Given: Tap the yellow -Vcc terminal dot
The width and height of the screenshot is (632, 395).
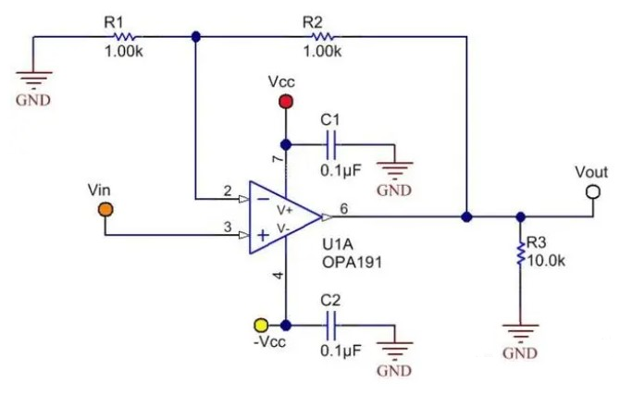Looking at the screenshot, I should coord(261,326).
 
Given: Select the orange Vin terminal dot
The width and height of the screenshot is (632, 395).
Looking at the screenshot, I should coord(105,209).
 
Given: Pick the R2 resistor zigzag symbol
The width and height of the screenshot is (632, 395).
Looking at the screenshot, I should coord(322,36).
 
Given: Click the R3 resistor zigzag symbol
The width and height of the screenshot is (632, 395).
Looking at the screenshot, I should coord(520,252).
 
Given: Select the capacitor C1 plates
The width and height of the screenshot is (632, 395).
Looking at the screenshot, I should coord(334,143).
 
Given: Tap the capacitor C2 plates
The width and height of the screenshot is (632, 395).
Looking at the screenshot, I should coord(334,326).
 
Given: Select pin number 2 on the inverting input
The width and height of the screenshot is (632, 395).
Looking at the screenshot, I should coord(227,191).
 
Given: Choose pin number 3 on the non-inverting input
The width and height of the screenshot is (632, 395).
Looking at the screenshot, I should coord(227,228).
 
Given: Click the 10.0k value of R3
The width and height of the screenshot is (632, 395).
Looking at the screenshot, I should coord(546,260).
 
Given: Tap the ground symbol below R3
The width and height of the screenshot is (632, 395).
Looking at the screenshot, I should coord(520,331).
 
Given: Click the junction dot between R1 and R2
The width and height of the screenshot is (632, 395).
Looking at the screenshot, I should coord(195,37).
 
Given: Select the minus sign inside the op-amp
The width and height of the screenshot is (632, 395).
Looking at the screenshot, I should coord(263,197).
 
